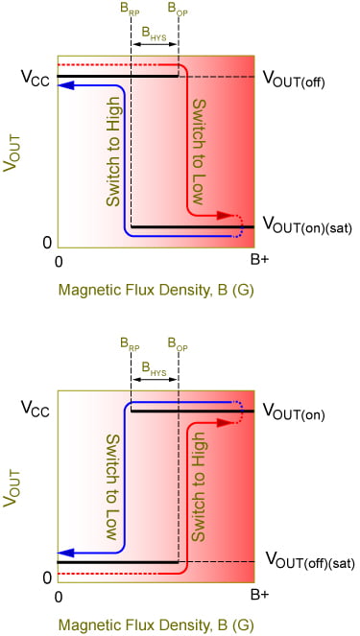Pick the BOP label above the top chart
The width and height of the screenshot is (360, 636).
(x=178, y=8)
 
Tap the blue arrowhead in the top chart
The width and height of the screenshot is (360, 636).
(x=63, y=86)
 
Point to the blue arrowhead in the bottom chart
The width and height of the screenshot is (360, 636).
(x=63, y=553)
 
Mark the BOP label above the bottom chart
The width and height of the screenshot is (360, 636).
(x=178, y=342)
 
